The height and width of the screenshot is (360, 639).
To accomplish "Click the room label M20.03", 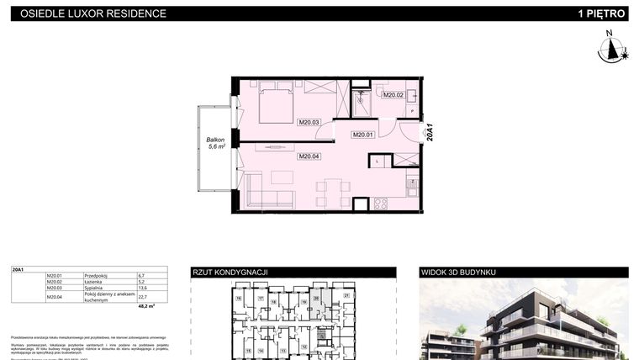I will pos(309,122).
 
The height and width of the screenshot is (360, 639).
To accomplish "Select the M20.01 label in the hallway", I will pos(362,135).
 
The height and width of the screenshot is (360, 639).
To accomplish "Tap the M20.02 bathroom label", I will pos(393,95).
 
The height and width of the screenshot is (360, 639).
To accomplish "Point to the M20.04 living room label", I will pos(309,156).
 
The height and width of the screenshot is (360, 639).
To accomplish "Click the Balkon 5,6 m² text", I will pos(217,144).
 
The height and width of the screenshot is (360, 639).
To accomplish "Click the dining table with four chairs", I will pos(333,193).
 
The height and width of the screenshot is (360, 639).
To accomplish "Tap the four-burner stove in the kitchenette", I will pos(380,204).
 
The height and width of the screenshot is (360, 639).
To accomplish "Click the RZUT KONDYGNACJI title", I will pos(230,273).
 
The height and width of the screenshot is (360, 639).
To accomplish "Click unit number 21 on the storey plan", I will pos(346,295).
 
